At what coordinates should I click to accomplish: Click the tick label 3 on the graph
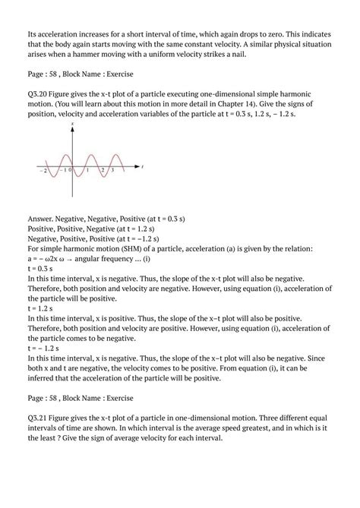112,171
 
